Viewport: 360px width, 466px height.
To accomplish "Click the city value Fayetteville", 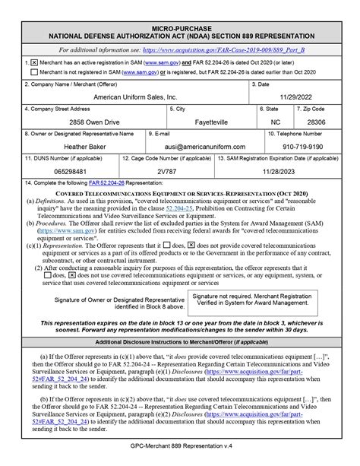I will (x=212, y=121).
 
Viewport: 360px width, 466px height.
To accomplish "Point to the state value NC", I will (x=274, y=121).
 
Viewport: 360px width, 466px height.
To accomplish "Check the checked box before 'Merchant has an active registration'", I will (x=33, y=59).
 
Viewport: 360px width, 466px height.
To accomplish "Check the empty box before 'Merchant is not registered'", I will (x=33, y=71).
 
